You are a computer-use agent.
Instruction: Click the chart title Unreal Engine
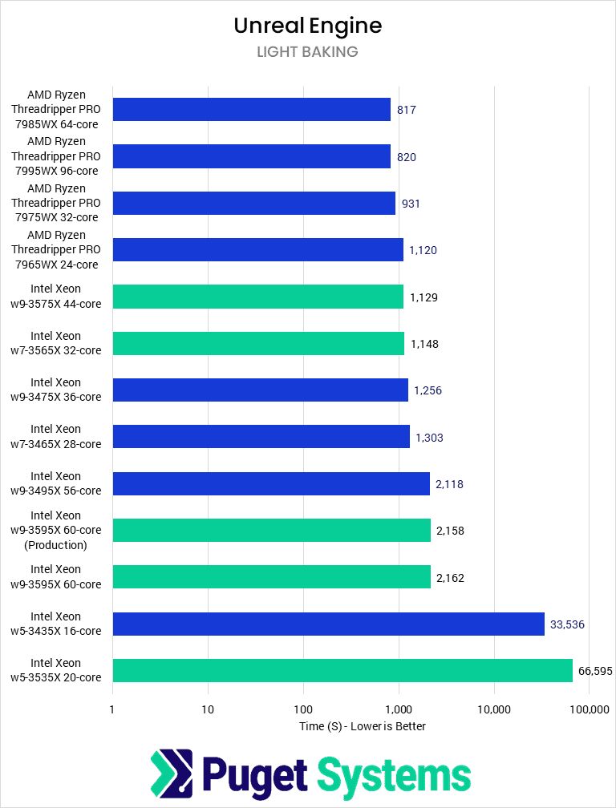[307, 26]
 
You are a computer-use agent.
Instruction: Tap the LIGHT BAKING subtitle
[307, 52]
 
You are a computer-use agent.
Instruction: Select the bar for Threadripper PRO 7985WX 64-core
[251, 109]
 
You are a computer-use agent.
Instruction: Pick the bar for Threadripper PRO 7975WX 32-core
[253, 203]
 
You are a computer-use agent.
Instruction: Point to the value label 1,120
[423, 250]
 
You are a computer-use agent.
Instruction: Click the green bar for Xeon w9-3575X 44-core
[257, 297]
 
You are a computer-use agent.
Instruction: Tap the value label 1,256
[428, 390]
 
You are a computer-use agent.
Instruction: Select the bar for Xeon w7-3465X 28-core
[261, 437]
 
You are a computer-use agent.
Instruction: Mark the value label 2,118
[449, 484]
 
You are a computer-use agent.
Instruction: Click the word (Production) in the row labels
[55, 545]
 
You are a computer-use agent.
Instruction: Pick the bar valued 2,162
[271, 577]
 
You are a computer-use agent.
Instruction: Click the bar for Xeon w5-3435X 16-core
[328, 624]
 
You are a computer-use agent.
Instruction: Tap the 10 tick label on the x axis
[208, 709]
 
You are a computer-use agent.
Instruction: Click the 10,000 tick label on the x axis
[494, 709]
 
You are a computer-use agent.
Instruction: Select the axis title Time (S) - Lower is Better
[362, 726]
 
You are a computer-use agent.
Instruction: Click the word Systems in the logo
[394, 775]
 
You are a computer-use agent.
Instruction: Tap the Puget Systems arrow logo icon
[172, 772]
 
